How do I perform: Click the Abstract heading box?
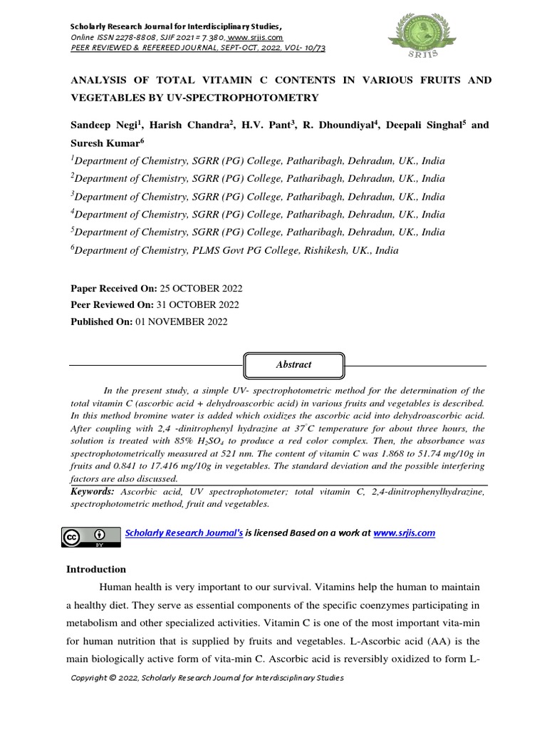[x=293, y=364]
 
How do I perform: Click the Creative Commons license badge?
[x=90, y=537]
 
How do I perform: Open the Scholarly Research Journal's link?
[x=184, y=533]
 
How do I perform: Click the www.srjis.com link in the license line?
[x=404, y=533]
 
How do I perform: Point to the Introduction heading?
[x=96, y=569]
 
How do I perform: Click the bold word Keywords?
[x=92, y=492]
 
